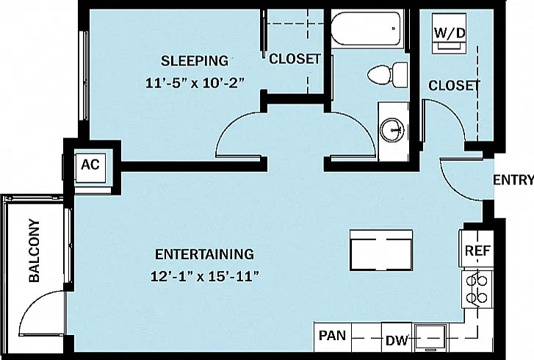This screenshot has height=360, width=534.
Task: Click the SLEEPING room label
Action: coord(195,61)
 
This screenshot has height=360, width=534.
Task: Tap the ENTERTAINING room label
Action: coord(204,254)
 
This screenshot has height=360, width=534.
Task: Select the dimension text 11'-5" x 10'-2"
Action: coord(195,83)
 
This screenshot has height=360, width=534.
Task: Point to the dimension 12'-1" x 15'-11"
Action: coord(205,276)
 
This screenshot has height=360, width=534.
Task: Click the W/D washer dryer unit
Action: coord(450,33)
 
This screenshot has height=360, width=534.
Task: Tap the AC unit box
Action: coord(90,168)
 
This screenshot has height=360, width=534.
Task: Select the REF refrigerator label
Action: coord(477,251)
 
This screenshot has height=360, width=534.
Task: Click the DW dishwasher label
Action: coord(397,340)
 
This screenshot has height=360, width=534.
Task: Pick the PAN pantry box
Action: coord(333,336)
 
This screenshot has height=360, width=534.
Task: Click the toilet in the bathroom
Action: coord(388,75)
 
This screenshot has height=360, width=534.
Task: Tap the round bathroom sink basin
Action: coord(394,130)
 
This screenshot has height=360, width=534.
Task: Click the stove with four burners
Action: coord(477,289)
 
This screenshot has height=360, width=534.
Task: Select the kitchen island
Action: coord(381,251)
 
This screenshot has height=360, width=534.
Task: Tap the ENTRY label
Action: coord(513,179)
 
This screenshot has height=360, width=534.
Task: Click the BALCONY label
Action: coord(35,251)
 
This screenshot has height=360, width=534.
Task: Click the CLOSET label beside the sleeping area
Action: coord(295,59)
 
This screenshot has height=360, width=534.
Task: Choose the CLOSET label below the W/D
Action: coord(454,85)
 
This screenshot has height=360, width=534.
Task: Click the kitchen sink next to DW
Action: coord(430,337)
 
